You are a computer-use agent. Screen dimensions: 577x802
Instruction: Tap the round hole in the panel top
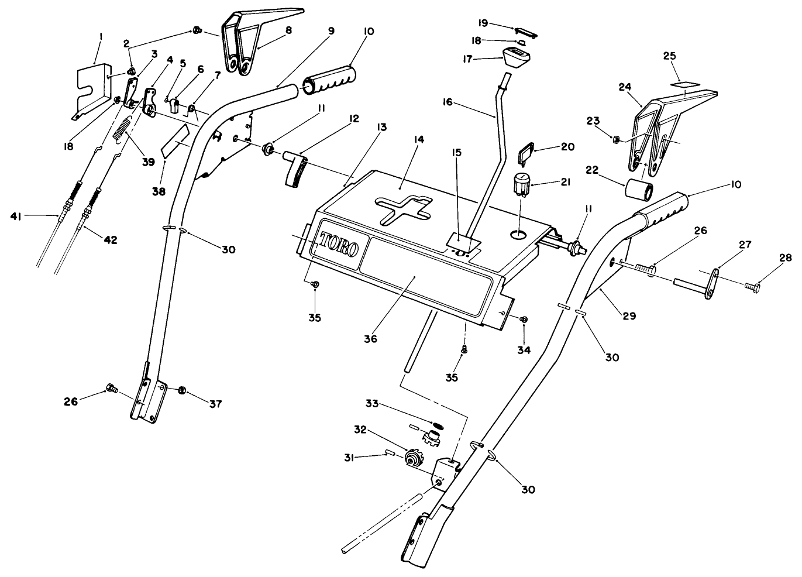518,235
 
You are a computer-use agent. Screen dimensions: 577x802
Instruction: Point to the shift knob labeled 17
517,57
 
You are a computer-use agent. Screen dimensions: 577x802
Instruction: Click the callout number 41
17,217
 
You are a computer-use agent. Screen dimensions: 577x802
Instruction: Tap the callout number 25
669,56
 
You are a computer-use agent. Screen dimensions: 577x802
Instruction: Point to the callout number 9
331,31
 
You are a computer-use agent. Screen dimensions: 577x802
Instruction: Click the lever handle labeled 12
295,170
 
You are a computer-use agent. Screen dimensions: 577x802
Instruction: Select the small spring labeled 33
435,424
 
